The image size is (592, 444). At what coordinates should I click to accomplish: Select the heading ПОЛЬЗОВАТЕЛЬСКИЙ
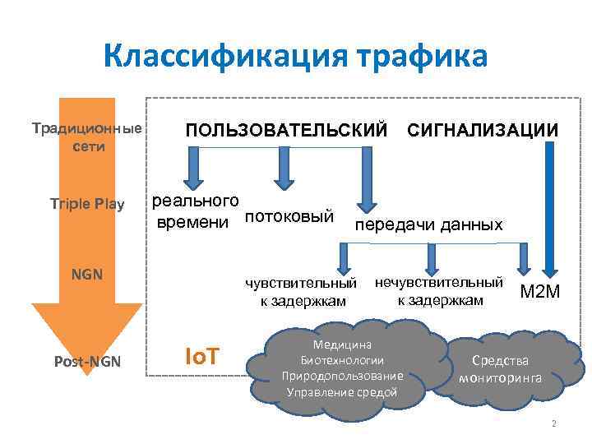[x=286, y=130]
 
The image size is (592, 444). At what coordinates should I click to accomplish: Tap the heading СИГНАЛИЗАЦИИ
[x=483, y=130]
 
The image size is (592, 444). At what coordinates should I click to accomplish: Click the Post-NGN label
[x=86, y=362]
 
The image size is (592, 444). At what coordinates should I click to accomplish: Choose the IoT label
[x=201, y=357]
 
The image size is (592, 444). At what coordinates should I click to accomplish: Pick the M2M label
[x=540, y=290]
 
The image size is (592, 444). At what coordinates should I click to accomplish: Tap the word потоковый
[x=289, y=216]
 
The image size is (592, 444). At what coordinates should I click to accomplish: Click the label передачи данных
[x=428, y=224]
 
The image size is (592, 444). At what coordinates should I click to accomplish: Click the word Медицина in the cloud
[x=343, y=345]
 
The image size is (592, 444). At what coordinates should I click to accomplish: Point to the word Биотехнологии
[x=343, y=360]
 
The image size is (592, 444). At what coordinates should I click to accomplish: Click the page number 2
[x=554, y=424]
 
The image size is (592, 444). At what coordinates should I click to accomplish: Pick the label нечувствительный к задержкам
[x=439, y=291]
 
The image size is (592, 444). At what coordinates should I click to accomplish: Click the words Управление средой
[x=342, y=391]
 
